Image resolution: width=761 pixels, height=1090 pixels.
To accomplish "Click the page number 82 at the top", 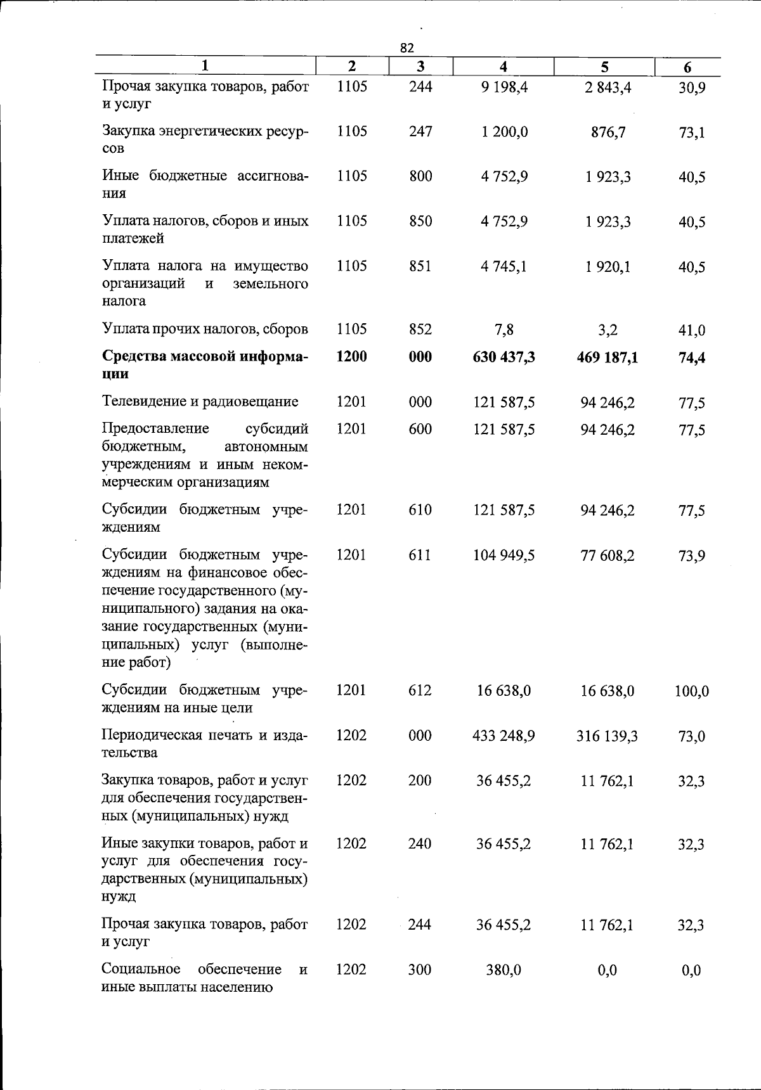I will tap(407, 48).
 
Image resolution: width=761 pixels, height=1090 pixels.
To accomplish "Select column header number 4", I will tap(503, 67).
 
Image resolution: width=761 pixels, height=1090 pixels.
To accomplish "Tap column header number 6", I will tap(687, 68).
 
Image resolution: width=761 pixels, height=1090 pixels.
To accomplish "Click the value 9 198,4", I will tap(504, 87).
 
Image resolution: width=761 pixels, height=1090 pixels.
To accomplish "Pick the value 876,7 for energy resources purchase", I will tap(608, 132).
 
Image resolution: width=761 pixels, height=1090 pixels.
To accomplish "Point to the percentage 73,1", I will tap(691, 133).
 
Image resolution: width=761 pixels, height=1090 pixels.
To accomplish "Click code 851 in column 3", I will tap(420, 266).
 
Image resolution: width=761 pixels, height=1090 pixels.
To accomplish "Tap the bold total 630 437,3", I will tap(504, 357).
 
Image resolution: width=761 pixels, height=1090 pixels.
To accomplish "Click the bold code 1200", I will tap(351, 357).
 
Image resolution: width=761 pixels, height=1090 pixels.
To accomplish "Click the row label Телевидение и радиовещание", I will tap(200, 402).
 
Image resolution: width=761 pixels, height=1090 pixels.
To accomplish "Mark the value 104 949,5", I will tap(504, 556).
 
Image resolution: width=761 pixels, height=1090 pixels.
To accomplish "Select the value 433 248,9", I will tap(504, 736).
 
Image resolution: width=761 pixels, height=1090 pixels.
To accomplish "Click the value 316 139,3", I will tap(607, 736).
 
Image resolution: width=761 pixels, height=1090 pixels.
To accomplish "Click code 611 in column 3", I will tap(420, 555).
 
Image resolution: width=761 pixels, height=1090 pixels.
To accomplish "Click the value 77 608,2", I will tap(607, 556).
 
